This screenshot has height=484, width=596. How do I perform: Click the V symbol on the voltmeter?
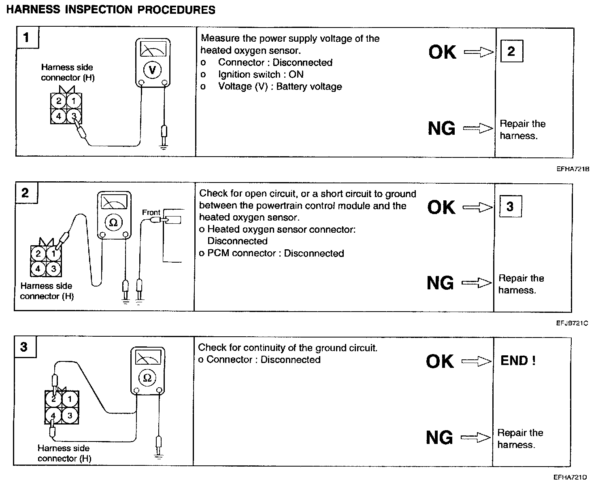click(152, 70)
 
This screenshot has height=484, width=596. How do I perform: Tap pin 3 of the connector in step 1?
click(74, 117)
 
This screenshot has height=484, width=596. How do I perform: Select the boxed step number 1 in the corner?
click(27, 38)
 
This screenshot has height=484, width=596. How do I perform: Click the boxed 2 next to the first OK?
click(511, 51)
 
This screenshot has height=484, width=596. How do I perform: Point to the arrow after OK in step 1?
click(479, 52)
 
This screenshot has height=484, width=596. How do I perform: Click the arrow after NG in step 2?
click(477, 283)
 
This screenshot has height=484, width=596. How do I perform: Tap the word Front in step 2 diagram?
click(151, 212)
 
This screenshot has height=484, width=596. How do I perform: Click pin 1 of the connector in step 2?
click(53, 254)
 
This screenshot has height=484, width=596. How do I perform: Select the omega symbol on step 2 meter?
click(114, 223)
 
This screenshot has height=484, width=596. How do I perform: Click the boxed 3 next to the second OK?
click(509, 206)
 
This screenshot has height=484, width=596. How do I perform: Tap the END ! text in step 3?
click(518, 361)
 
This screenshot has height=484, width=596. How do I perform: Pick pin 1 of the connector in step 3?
click(70, 399)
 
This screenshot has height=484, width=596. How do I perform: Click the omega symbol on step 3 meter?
click(147, 378)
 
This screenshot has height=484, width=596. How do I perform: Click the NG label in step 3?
click(439, 437)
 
